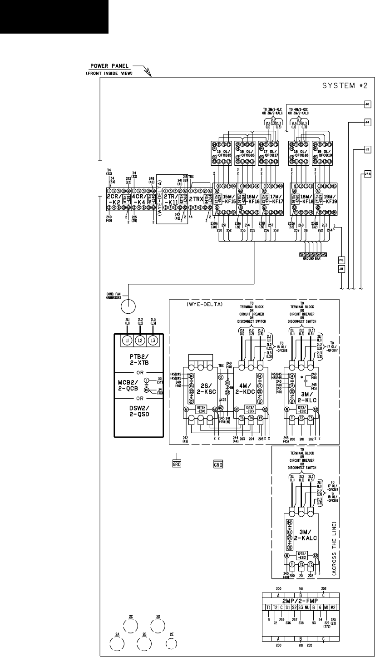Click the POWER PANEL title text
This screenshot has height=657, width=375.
coord(108,66)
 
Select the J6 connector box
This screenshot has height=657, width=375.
coord(368,104)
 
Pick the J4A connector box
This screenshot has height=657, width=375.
coord(368,173)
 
